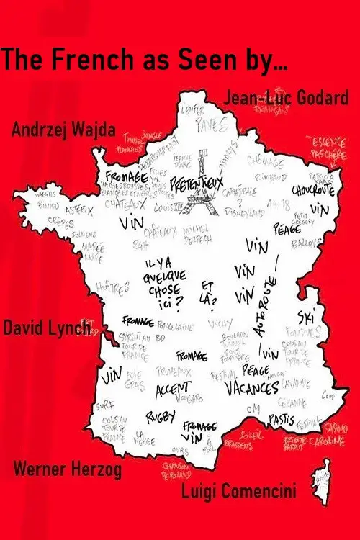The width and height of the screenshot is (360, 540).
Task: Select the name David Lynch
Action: pos(48,328)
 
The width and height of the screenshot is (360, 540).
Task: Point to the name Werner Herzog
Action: pos(68,470)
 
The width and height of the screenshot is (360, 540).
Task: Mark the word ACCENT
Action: pos(173,390)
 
